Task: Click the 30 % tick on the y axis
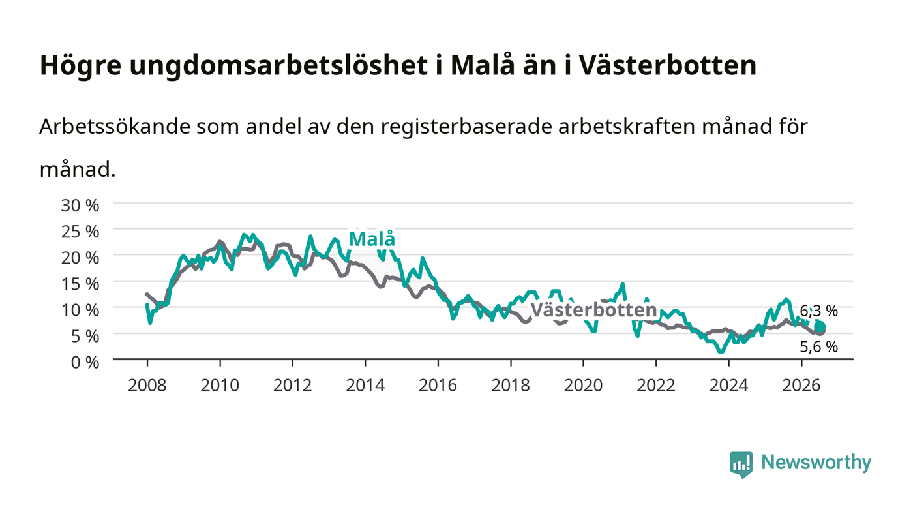tap(80, 206)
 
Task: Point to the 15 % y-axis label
tap(80, 284)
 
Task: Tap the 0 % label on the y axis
tap(85, 362)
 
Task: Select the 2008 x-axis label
tap(147, 385)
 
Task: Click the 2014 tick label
tap(365, 385)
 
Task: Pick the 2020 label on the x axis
tap(583, 385)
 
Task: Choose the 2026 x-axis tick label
tap(801, 385)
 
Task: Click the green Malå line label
tap(372, 239)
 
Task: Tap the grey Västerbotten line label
tap(594, 310)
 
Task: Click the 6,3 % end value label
tap(819, 311)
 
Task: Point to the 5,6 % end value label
tap(819, 346)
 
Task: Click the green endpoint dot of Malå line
tap(820, 327)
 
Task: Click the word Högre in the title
tap(81, 66)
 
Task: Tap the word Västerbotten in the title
tap(667, 65)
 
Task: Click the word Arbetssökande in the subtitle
tap(115, 127)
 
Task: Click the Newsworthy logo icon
tap(741, 465)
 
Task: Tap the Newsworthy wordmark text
tap(816, 463)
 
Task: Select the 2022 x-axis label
tap(656, 385)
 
